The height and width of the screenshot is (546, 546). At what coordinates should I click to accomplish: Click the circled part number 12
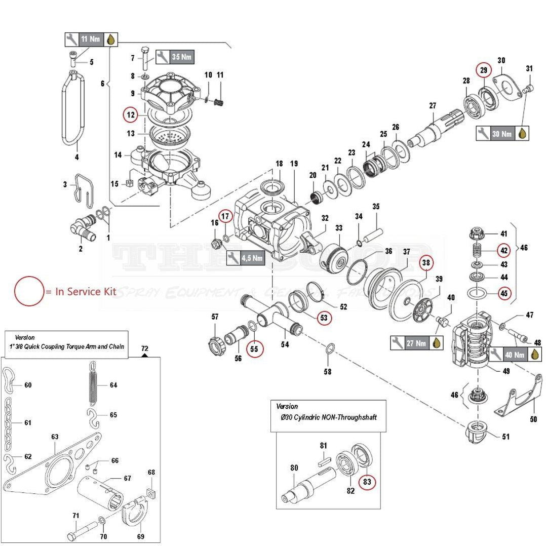point(131,115)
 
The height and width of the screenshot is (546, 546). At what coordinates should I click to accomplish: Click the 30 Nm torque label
point(502,133)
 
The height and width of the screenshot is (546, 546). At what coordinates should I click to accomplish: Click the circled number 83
point(367,482)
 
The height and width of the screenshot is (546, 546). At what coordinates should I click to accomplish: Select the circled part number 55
point(255,348)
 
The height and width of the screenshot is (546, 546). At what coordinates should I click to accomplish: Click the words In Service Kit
point(86,292)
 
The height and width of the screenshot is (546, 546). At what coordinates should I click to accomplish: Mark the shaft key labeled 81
point(324,461)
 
